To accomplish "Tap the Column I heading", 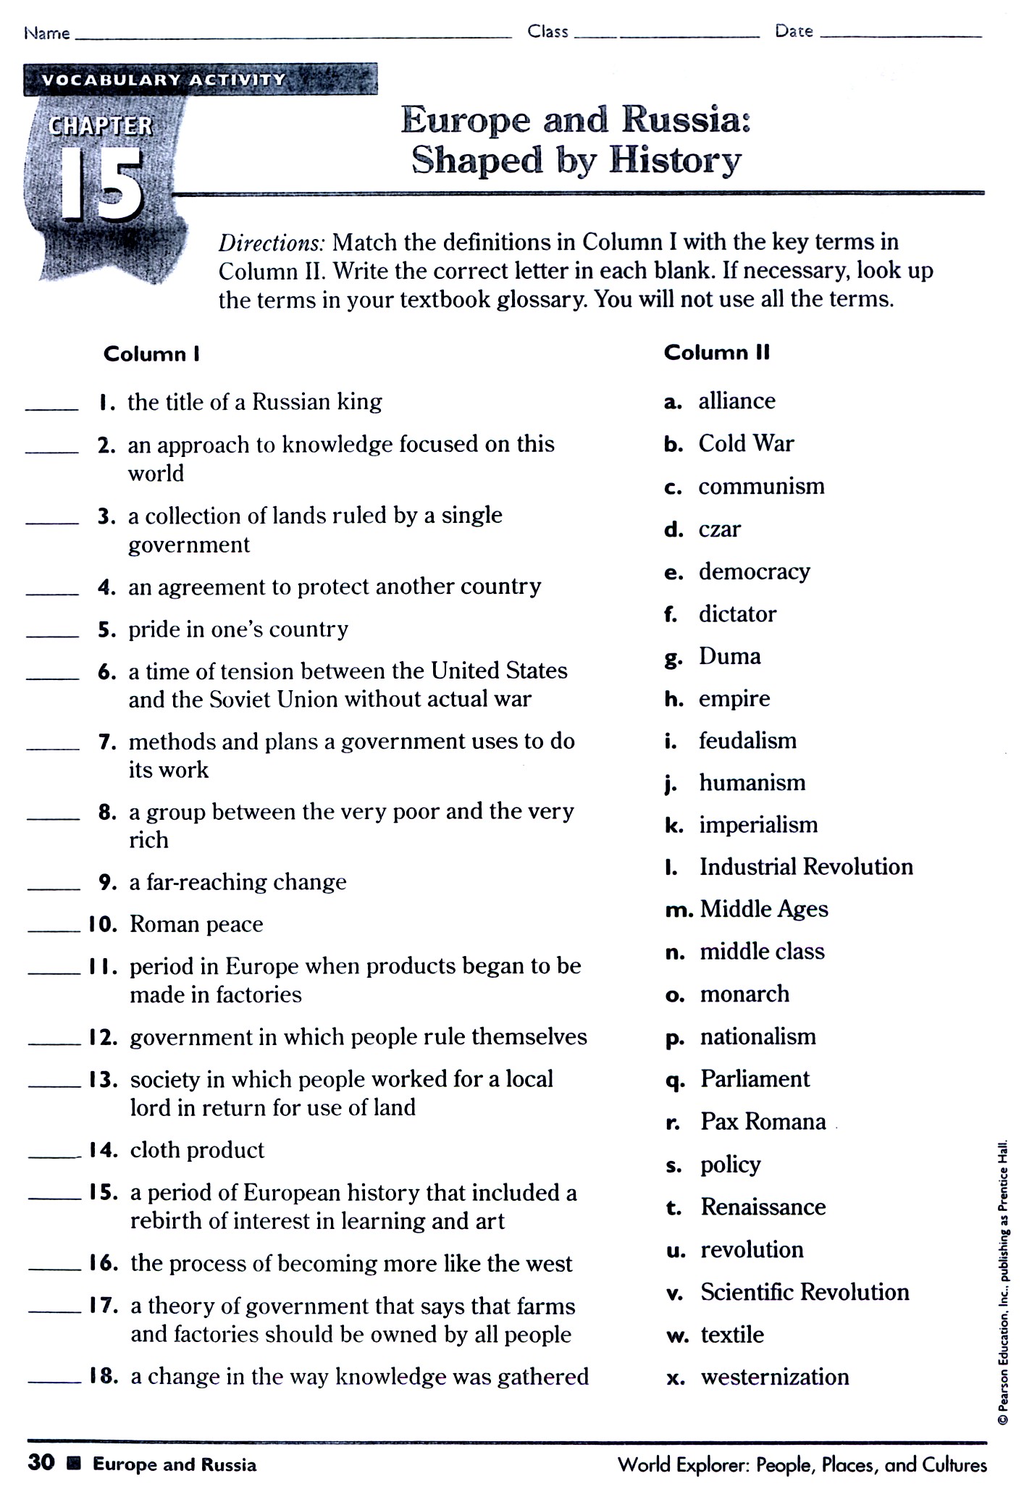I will (151, 354).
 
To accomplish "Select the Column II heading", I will (716, 353).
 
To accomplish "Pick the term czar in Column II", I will (719, 529).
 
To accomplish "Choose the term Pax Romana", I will (763, 1122).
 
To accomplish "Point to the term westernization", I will (774, 1377).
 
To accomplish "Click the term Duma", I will (729, 656).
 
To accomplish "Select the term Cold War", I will (746, 443).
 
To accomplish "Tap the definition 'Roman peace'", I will (196, 924).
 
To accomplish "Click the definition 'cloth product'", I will (197, 1150).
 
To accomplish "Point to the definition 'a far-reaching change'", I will (238, 882).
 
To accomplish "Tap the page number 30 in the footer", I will (41, 1463).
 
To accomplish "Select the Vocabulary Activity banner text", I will (164, 80).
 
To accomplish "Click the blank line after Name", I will (293, 35).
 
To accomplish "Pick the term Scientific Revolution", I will (805, 1292).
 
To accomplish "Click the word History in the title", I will (675, 161).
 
